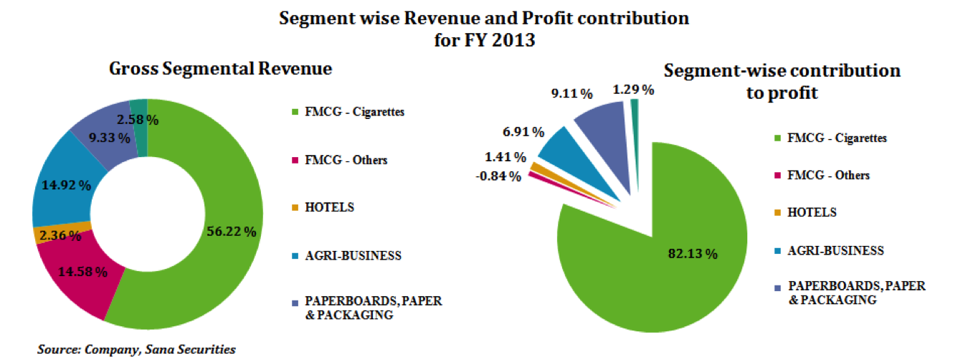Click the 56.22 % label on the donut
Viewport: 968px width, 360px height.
(x=231, y=232)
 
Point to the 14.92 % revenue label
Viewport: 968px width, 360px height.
(x=65, y=185)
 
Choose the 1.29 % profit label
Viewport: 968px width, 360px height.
(x=632, y=90)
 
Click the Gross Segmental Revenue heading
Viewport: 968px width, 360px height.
(x=221, y=69)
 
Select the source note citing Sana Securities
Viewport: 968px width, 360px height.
(x=136, y=349)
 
